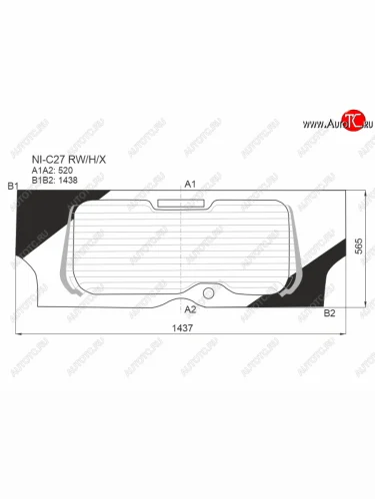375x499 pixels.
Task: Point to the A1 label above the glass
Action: pyautogui.click(x=191, y=184)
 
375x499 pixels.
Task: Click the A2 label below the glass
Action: pyautogui.click(x=191, y=309)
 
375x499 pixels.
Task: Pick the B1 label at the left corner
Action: pyautogui.click(x=13, y=187)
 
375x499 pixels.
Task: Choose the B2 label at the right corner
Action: pyautogui.click(x=329, y=313)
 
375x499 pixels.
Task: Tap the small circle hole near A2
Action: pyautogui.click(x=209, y=293)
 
